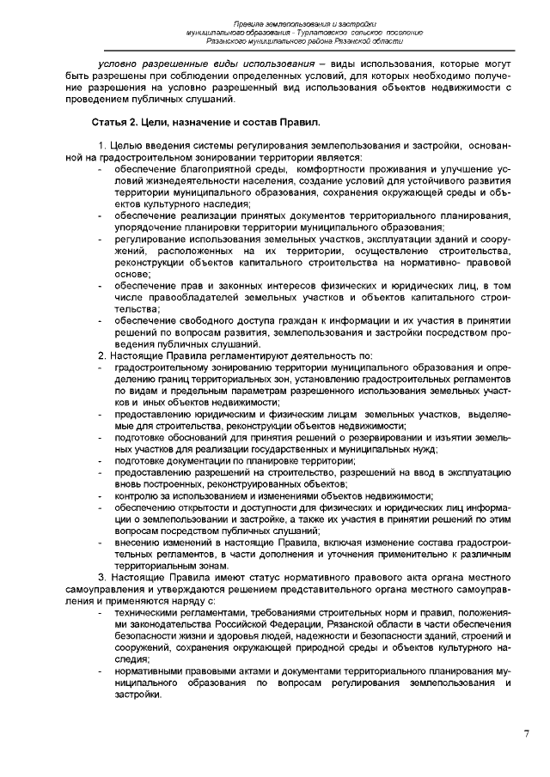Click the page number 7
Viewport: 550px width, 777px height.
[x=526, y=733]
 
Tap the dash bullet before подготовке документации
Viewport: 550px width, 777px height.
[x=102, y=461]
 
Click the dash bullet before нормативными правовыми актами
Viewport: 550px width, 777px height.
[x=102, y=669]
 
